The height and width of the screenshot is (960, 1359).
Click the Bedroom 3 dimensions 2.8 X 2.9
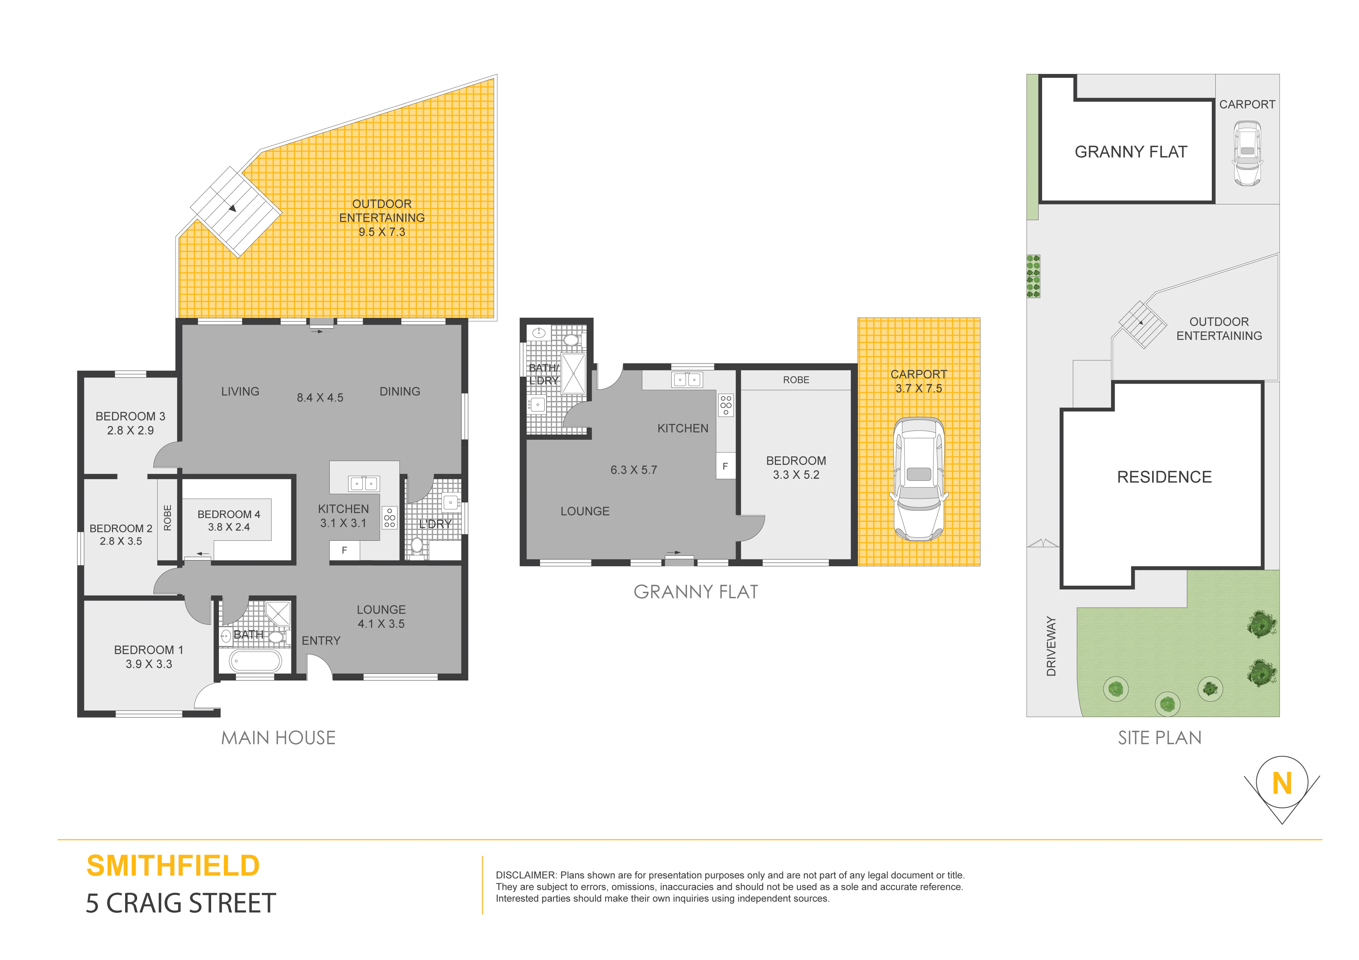[130, 430]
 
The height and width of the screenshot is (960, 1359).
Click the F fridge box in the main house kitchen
[344, 551]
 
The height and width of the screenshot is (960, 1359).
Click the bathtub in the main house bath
[255, 661]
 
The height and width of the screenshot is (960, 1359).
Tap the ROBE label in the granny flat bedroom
[796, 380]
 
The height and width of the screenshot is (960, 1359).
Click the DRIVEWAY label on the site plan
[1051, 646]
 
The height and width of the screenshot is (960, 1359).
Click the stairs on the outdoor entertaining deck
[236, 211]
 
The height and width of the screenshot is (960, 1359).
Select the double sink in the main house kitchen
[364, 484]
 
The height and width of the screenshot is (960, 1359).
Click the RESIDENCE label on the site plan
[1164, 477]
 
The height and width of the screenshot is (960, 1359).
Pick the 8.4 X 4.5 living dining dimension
[320, 398]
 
